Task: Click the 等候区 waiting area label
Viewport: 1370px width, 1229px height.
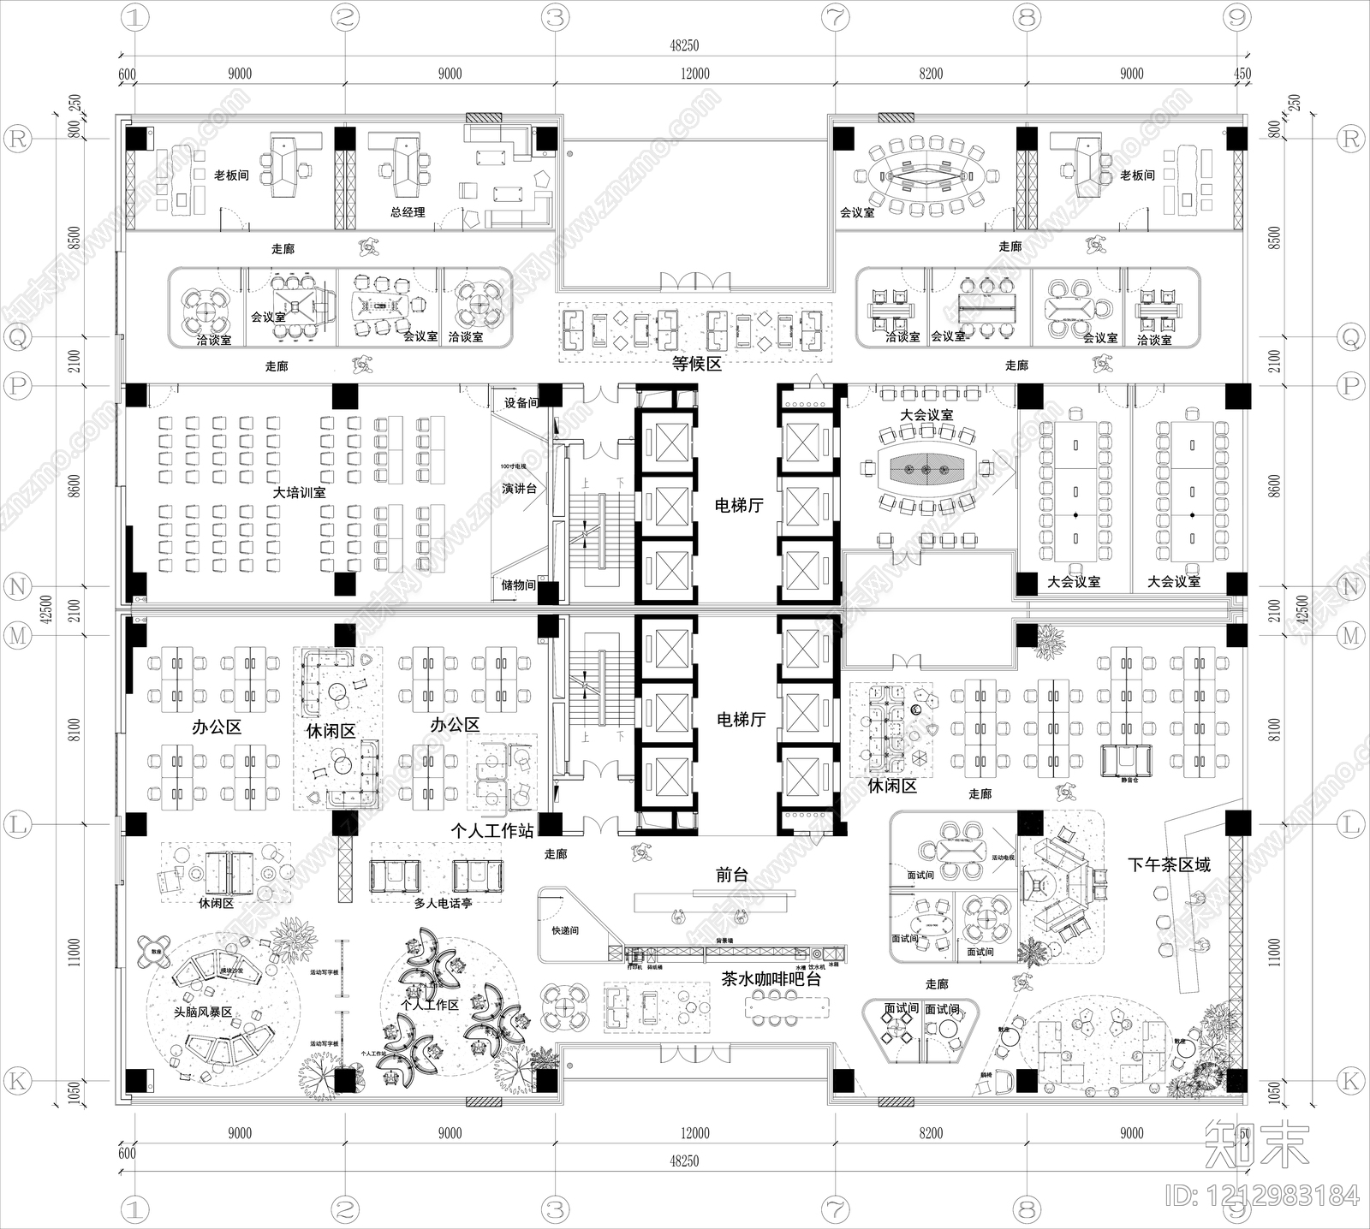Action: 696,364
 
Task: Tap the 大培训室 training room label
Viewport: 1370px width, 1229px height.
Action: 299,493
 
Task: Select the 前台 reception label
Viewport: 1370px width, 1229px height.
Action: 732,876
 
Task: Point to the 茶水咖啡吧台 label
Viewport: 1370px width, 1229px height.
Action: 771,979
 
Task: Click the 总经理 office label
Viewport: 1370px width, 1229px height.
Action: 408,212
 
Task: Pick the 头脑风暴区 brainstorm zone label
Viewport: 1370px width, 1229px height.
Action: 203,1012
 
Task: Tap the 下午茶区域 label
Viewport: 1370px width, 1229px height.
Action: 1169,865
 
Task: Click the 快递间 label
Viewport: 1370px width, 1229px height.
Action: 565,930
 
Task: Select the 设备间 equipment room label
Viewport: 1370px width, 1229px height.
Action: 521,403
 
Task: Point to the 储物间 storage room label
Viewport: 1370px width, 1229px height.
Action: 519,585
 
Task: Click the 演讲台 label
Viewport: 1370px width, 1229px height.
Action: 519,489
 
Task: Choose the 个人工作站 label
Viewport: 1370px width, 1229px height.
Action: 492,831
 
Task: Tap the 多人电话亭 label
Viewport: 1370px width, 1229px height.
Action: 443,903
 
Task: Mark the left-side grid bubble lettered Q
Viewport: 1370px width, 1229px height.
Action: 18,338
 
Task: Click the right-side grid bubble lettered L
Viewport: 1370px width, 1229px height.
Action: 1350,825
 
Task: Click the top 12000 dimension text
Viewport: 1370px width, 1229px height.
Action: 694,74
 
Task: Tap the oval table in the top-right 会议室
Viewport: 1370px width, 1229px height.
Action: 927,175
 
